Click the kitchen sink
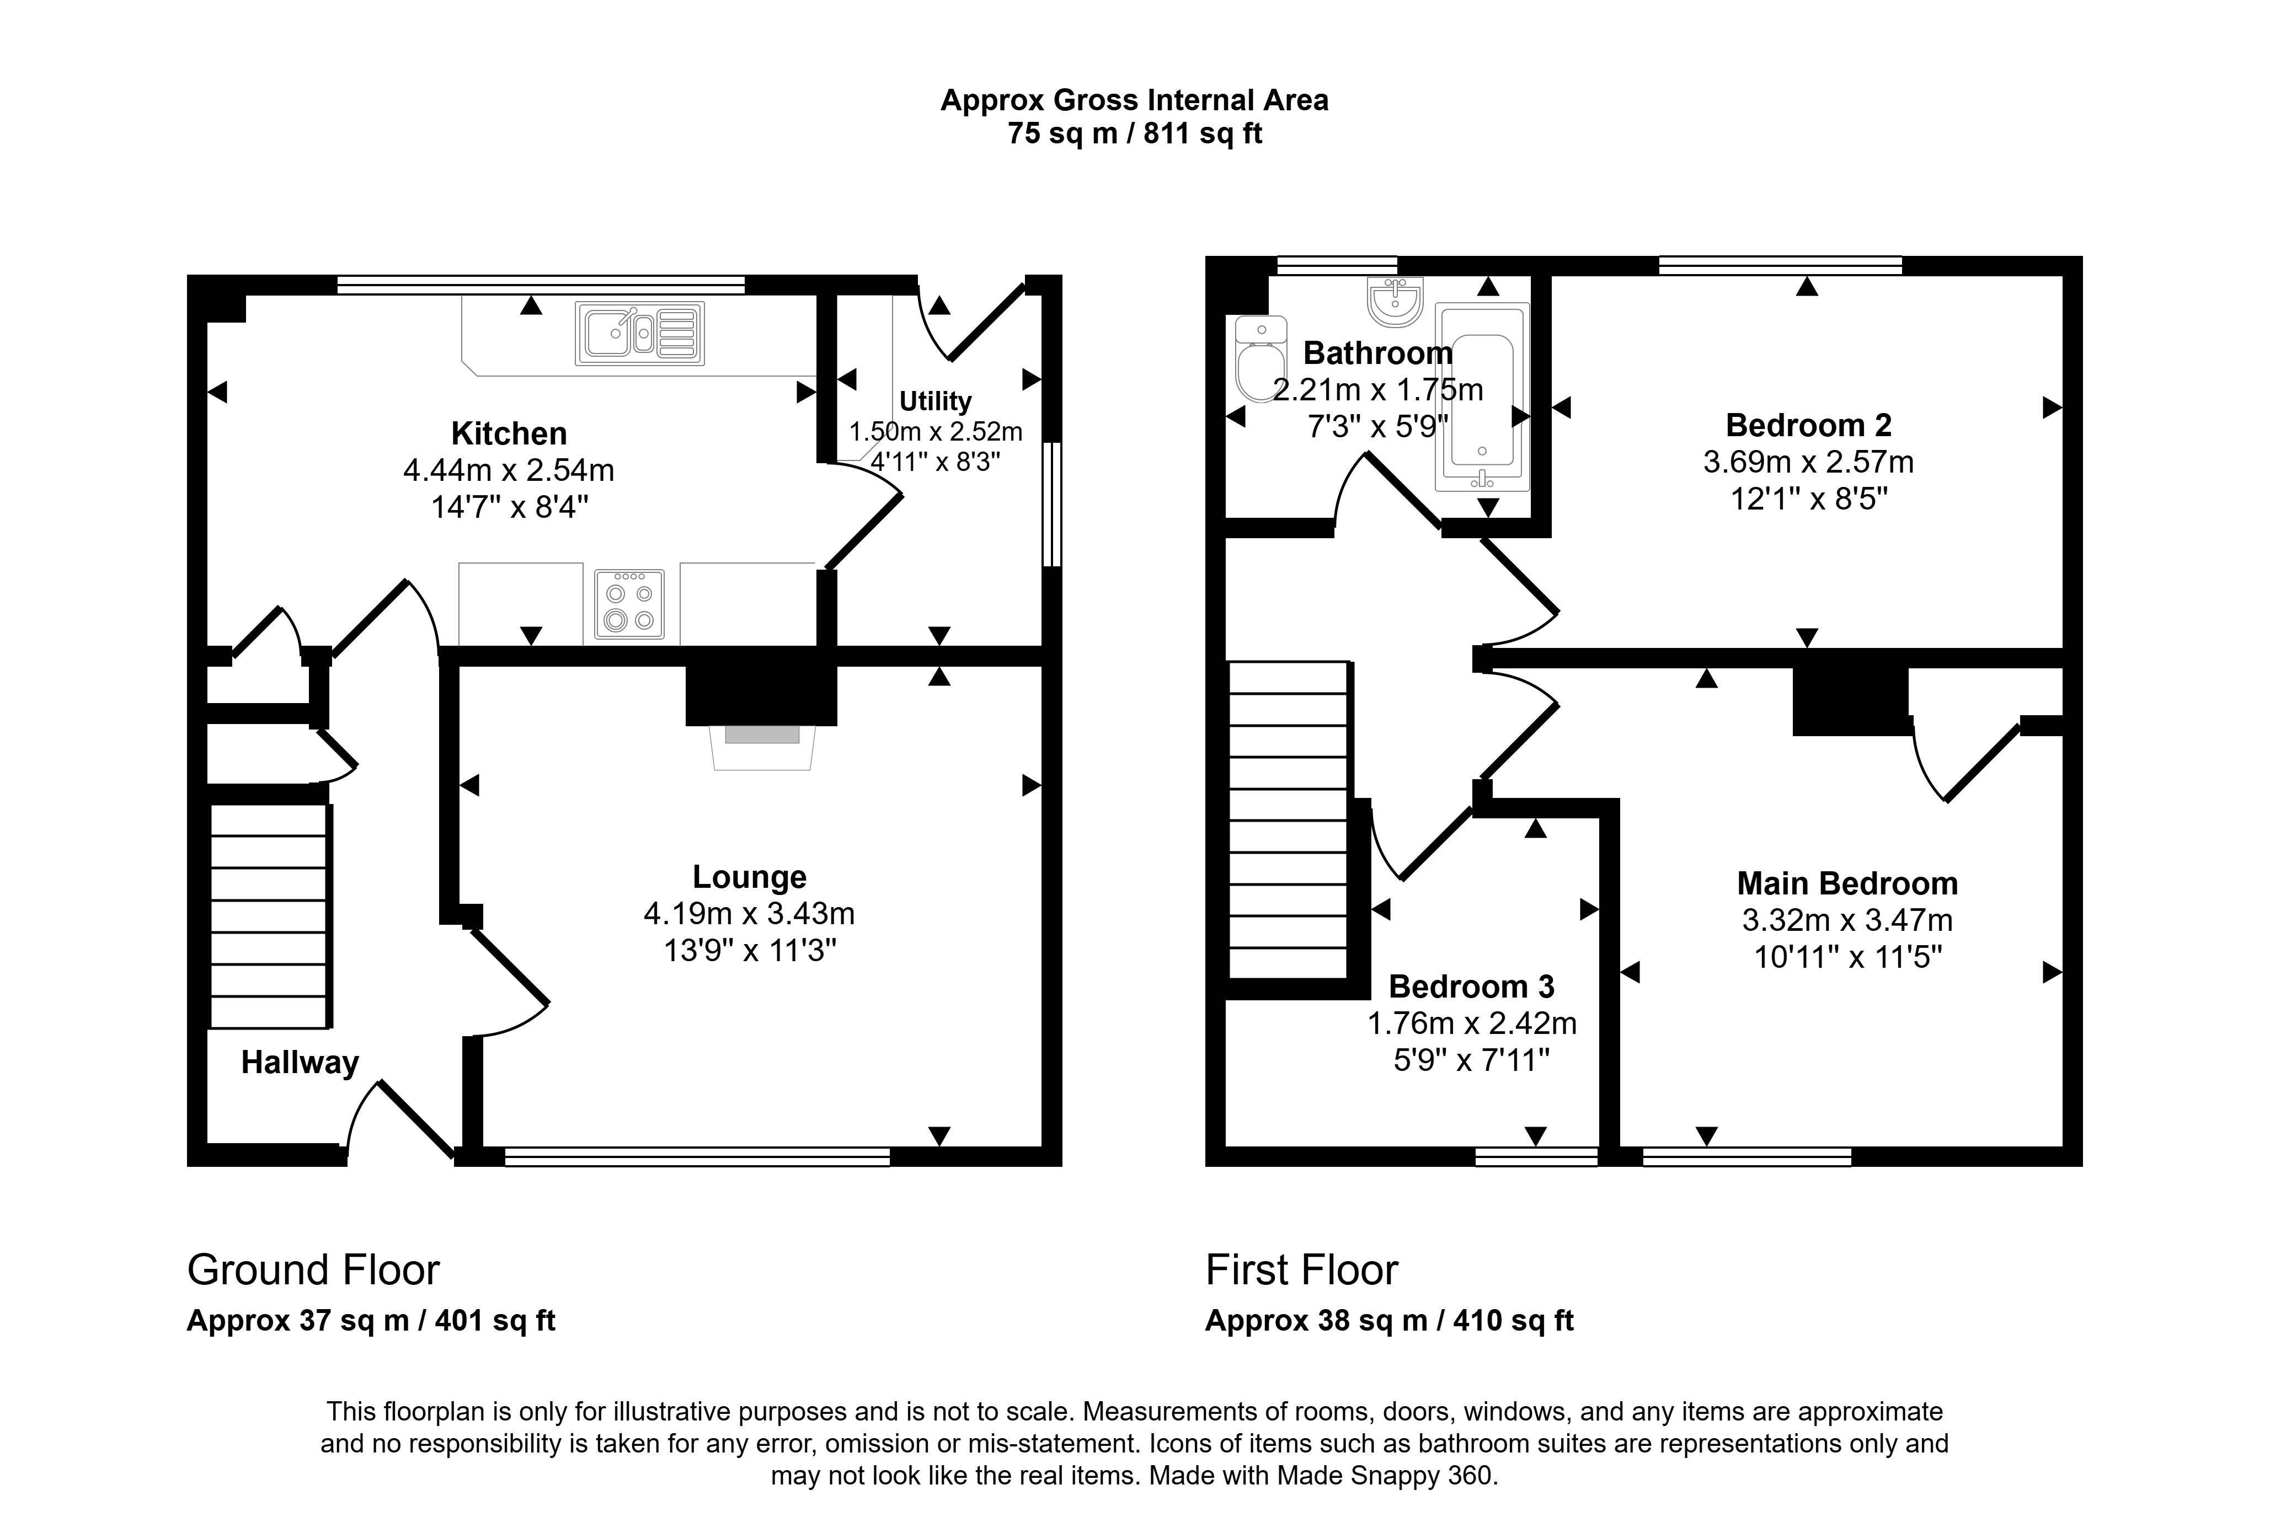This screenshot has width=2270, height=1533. pos(640,333)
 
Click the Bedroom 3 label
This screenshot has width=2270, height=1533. pos(1471,986)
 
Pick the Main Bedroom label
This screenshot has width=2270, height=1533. pos(1847,883)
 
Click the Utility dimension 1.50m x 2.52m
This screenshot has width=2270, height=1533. pos(936,432)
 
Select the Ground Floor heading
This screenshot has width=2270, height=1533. pos(313,1269)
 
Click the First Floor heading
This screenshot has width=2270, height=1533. pos(1302,1269)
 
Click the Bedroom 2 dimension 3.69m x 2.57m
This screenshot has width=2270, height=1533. pos(1808,462)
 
